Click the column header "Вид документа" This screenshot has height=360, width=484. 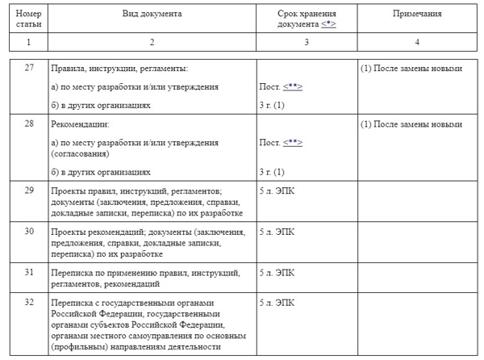(x=152, y=15)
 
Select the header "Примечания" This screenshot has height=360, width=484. (x=417, y=15)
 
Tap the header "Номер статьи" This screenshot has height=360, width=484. (x=29, y=19)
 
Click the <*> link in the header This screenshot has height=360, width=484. (x=328, y=25)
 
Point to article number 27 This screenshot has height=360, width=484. (x=29, y=68)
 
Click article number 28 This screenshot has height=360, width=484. (x=29, y=124)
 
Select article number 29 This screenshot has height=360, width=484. (x=29, y=190)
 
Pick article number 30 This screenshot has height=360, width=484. (x=29, y=231)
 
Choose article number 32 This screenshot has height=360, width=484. (x=29, y=303)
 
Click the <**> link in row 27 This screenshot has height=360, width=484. (x=292, y=86)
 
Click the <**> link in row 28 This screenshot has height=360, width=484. (x=292, y=143)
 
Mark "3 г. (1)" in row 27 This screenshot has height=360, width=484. (x=272, y=105)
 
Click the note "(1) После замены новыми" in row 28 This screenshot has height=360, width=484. (x=411, y=125)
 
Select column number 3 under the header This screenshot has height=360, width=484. (x=306, y=41)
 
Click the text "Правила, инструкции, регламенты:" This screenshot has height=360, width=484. (x=119, y=69)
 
